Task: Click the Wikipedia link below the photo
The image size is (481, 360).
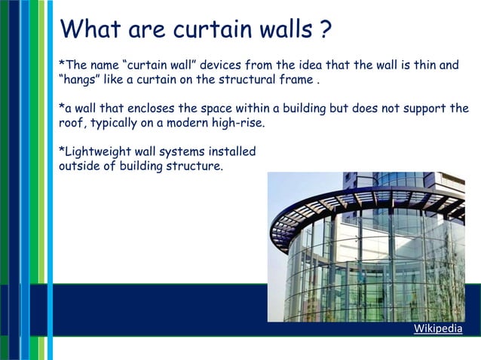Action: click(x=438, y=329)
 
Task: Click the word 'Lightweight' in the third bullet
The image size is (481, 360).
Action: click(x=97, y=151)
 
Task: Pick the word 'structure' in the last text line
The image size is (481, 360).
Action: click(x=197, y=166)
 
